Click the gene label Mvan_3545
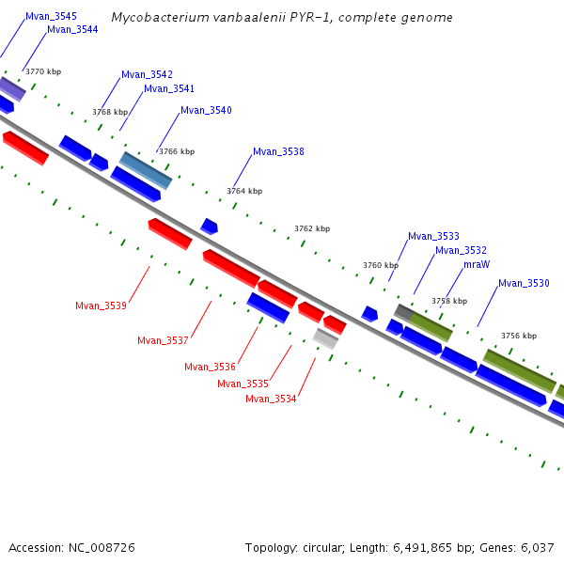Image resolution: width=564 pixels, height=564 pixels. click(x=51, y=17)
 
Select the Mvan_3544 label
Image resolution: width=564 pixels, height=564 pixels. click(x=72, y=30)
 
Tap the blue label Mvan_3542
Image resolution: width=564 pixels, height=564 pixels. click(x=147, y=75)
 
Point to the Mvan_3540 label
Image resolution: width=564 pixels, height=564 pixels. click(x=206, y=111)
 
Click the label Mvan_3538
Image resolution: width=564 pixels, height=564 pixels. click(x=278, y=152)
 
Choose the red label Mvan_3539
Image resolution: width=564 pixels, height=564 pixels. click(x=101, y=305)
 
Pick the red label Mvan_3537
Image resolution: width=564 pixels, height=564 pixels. click(x=163, y=341)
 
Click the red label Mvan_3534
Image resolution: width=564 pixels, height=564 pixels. click(x=271, y=399)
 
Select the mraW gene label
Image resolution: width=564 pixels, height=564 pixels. click(x=477, y=265)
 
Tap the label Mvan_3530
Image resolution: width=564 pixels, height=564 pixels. click(x=524, y=284)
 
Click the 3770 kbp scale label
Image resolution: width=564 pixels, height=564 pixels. click(x=43, y=71)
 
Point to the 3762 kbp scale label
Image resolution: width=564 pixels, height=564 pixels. click(x=312, y=228)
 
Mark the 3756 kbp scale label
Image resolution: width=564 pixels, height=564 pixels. click(x=519, y=336)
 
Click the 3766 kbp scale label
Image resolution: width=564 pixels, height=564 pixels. click(x=177, y=151)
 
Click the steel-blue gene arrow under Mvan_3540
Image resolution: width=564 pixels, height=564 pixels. click(x=146, y=169)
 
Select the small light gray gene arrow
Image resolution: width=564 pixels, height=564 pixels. click(x=325, y=338)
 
